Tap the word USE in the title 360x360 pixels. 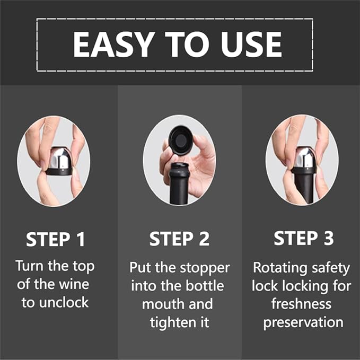pyautogui.click(x=251, y=45)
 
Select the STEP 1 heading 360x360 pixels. pyautogui.click(x=55, y=239)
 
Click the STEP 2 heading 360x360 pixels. pyautogui.click(x=179, y=239)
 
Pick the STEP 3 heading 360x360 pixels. pyautogui.click(x=303, y=238)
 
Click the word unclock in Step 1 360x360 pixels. pyautogui.click(x=64, y=302)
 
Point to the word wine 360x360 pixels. pyautogui.click(x=74, y=284)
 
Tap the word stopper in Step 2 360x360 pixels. pyautogui.click(x=205, y=268)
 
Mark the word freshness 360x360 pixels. pyautogui.click(x=301, y=304)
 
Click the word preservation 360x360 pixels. pyautogui.click(x=303, y=322)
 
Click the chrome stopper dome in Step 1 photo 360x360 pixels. pyautogui.click(x=59, y=158)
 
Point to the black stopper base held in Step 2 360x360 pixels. pyautogui.click(x=180, y=139)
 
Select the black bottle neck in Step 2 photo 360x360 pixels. pyautogui.click(x=179, y=183)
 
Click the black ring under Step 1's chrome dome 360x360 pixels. pyautogui.click(x=59, y=172)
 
